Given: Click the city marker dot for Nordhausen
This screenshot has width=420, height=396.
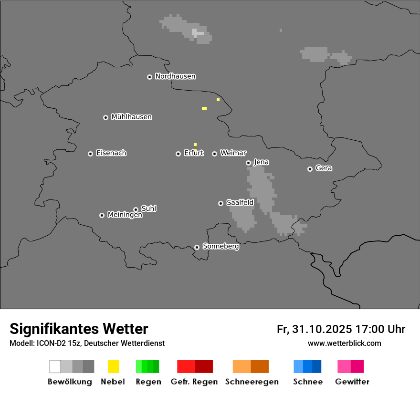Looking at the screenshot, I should click(x=149, y=77).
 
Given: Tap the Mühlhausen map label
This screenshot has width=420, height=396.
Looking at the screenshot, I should click(x=131, y=117).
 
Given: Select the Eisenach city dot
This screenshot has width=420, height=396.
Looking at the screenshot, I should click(x=90, y=154).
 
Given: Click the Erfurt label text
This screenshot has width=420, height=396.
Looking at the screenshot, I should click(x=194, y=153).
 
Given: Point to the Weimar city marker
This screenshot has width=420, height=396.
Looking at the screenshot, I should click(x=214, y=154).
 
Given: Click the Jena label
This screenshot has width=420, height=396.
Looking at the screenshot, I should click(x=261, y=162).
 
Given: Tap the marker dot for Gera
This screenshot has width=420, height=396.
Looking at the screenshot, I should click(x=310, y=169).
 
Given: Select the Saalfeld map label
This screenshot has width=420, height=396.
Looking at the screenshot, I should click(x=240, y=203).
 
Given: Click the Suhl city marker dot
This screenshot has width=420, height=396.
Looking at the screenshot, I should click(x=136, y=209).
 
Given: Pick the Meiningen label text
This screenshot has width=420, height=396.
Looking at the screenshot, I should click(x=125, y=215).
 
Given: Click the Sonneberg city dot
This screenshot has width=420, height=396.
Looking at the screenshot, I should click(x=197, y=247).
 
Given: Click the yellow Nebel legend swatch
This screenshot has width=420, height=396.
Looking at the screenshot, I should click(x=113, y=366).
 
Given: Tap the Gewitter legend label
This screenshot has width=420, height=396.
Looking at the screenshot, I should click(x=352, y=382).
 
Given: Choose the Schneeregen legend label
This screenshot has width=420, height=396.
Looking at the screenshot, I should click(x=252, y=382).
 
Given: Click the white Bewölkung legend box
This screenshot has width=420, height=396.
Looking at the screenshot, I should click(x=55, y=366).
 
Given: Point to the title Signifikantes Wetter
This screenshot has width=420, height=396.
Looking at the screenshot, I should click(x=79, y=329).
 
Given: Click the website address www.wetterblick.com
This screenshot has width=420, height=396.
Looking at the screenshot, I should click(x=344, y=344).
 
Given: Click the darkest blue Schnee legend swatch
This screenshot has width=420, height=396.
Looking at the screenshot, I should click(x=317, y=366).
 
